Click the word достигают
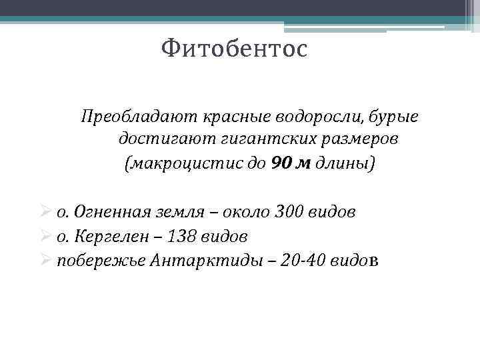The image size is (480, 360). (x=157, y=140)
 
